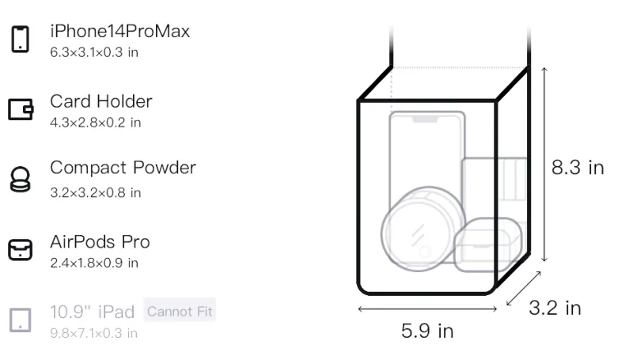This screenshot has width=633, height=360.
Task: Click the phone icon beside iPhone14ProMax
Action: coord(21,39)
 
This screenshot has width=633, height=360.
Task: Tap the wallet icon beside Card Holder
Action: coord(21,109)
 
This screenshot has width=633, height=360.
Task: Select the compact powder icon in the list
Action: coord(20,179)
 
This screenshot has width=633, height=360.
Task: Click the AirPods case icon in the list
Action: coord(21,250)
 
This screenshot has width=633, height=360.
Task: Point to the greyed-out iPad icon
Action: coord(21,320)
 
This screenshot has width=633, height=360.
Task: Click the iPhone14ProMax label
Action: coord(120,31)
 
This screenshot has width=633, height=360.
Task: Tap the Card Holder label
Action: coord(101,101)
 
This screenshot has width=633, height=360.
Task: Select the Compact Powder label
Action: coord(123,168)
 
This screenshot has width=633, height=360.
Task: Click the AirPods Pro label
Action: coord(100,242)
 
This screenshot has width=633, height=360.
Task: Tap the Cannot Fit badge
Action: coord(180,311)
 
